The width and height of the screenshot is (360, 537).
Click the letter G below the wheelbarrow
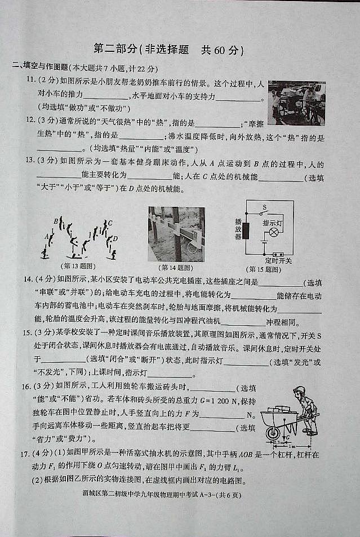tap(288, 437)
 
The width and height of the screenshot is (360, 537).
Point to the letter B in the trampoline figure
tap(55, 221)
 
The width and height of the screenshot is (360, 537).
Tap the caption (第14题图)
tap(176, 268)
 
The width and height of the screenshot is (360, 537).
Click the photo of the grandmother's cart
tap(296, 103)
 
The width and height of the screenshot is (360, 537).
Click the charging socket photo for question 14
tap(176, 233)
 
